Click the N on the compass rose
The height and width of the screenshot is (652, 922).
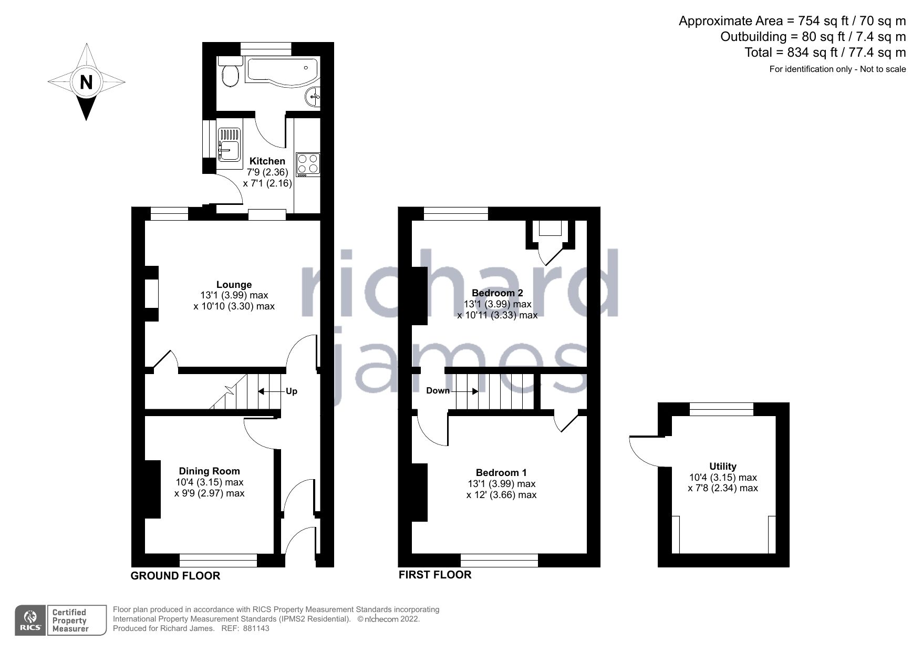tap(86, 82)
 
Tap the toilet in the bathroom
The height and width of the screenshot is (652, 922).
tap(230, 74)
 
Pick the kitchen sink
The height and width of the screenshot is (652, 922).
tap(229, 143)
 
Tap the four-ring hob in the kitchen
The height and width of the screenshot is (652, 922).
tap(308, 163)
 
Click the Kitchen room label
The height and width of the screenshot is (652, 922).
tap(267, 161)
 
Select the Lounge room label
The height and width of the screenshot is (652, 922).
tap(234, 285)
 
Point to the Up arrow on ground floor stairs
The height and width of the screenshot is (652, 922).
tap(268, 391)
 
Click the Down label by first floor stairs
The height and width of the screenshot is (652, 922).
tap(438, 390)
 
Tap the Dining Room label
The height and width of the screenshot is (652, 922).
tap(209, 471)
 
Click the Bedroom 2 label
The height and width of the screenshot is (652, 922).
tap(497, 293)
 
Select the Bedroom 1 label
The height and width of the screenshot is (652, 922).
tap(501, 472)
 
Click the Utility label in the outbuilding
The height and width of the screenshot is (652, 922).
tap(722, 466)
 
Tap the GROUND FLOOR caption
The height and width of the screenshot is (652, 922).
tap(175, 576)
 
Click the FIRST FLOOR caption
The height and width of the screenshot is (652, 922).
tap(434, 575)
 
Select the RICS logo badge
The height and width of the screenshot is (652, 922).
tap(30, 620)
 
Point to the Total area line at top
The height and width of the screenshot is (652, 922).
tap(825, 53)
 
